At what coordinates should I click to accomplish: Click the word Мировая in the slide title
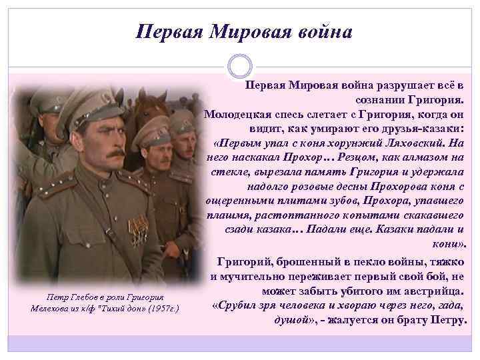[248, 31]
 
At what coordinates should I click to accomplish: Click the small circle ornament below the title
[240, 67]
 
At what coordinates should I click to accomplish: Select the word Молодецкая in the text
[238, 113]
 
